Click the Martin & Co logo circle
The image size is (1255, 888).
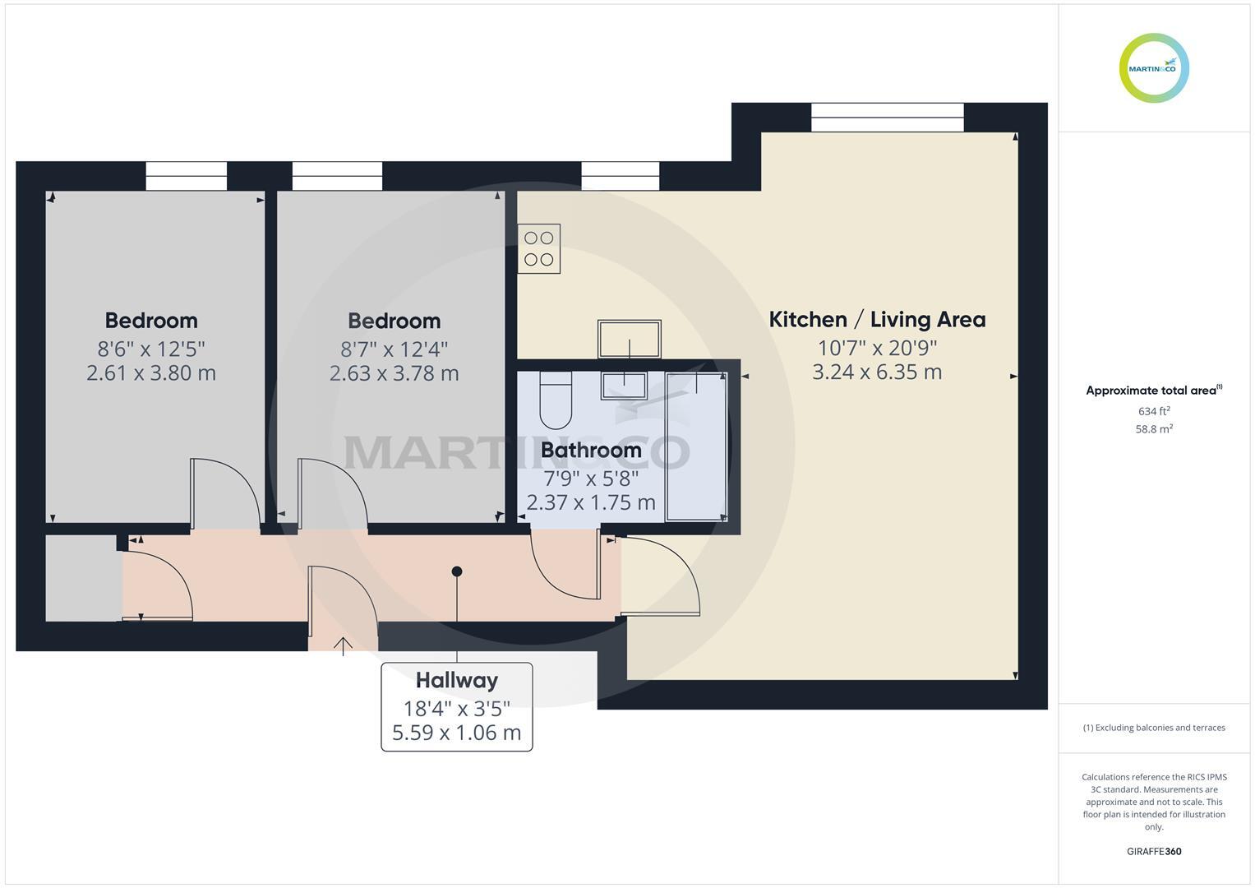pos(1154,68)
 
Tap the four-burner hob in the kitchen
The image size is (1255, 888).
pos(538,248)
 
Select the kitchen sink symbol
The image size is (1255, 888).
pos(629,339)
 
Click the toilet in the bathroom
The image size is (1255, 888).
pos(556,400)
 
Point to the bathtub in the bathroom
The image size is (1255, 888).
pos(696,446)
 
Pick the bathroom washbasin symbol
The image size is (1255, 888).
pos(624,385)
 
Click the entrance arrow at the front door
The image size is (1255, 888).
pos(343,645)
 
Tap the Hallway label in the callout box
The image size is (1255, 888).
pos(456,680)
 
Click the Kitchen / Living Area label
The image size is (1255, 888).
pos(876,319)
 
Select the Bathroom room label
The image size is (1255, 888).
pos(591,450)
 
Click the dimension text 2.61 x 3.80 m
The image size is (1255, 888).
pos(151,373)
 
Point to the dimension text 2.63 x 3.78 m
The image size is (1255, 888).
pos(394,373)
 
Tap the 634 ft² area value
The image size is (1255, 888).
pos(1154,411)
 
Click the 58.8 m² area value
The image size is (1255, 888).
pos(1154,428)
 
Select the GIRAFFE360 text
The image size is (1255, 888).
pos(1154,851)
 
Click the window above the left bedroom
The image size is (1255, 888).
pos(186,176)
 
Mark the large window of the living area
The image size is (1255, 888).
pos(887,117)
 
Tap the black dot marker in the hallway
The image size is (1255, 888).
pos(457,571)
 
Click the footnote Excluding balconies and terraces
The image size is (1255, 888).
pos(1154,728)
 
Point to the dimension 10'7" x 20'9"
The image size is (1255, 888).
pos(876,348)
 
